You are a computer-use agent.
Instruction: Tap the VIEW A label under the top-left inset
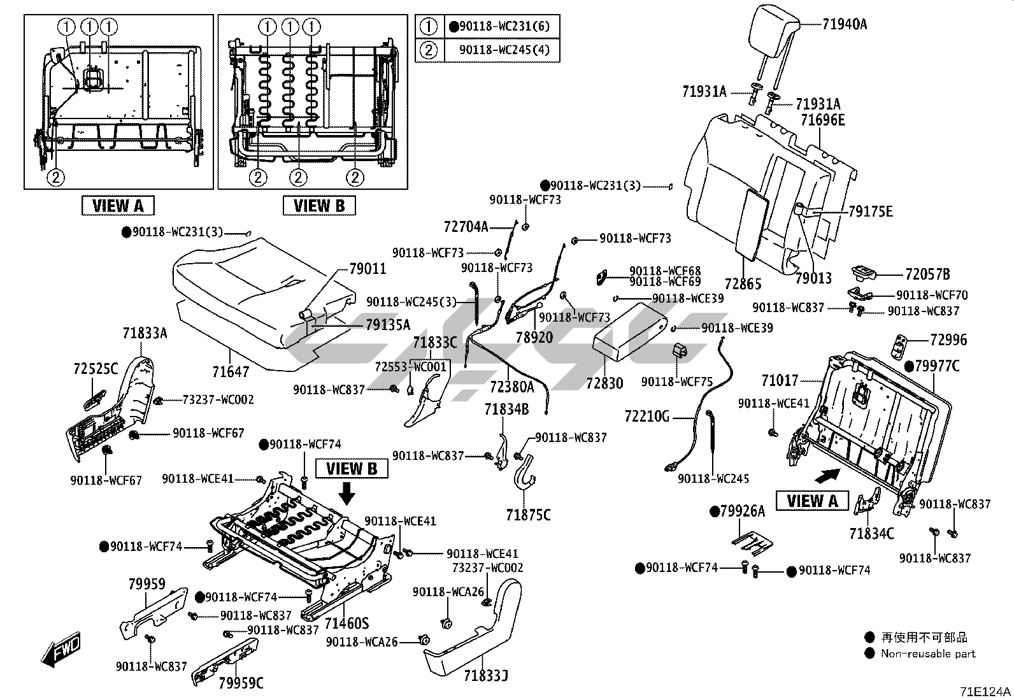[x=118, y=206]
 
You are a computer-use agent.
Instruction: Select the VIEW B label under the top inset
[x=319, y=206]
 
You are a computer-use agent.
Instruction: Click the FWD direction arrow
[x=61, y=650]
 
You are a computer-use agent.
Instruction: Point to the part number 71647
[x=231, y=371]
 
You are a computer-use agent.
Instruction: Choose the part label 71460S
[x=347, y=622]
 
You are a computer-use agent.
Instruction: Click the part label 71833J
[x=486, y=676]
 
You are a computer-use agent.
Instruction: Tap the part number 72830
[x=605, y=383]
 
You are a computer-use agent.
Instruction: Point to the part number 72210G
[x=646, y=417]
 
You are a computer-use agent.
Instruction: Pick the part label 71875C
[x=529, y=515]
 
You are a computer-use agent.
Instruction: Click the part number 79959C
[x=241, y=683]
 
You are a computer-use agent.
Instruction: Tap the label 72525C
[x=96, y=369]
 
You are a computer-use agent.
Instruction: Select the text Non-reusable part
[x=927, y=653]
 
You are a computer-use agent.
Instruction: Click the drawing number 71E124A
[x=986, y=691]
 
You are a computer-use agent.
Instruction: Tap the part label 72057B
[x=927, y=275]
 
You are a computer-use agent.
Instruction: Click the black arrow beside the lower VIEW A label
[x=827, y=475]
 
